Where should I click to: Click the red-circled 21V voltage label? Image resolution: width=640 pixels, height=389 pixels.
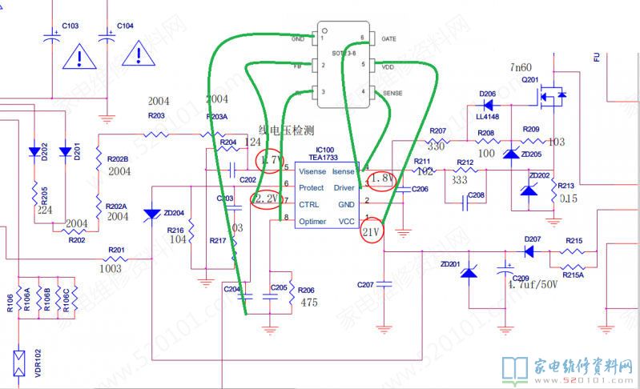tap(371, 232)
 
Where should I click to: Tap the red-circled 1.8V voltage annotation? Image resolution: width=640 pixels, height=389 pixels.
tap(382, 179)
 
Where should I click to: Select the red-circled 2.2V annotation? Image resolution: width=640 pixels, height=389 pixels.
tap(265, 199)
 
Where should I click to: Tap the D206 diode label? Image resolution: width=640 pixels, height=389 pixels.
tap(488, 94)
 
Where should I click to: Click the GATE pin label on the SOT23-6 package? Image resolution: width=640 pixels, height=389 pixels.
tap(388, 38)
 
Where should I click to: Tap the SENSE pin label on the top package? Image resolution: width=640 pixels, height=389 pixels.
tap(392, 93)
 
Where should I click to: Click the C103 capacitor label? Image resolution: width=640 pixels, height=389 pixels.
tap(70, 26)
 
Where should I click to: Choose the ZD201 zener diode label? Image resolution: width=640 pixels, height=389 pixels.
tap(450, 263)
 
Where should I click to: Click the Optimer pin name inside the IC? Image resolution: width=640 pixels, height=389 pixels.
tap(313, 220)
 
